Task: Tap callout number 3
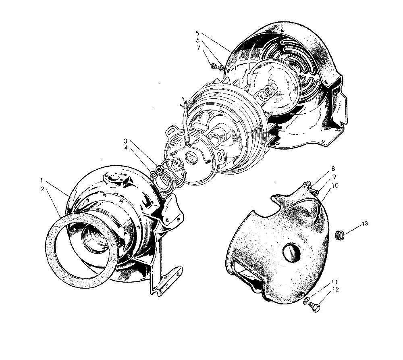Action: coord(125,141)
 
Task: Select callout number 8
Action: coord(333,168)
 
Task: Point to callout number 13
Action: coord(365,223)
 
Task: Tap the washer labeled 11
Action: coord(307,300)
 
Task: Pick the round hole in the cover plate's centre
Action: coord(291,253)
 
